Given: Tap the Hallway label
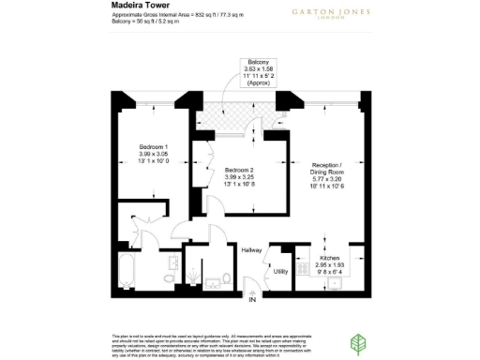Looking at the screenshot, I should click(x=251, y=250).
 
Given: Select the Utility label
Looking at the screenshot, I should click(x=279, y=272).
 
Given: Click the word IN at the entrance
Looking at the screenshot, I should click(x=251, y=300).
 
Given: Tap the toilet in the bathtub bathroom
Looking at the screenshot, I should click(x=168, y=277).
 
